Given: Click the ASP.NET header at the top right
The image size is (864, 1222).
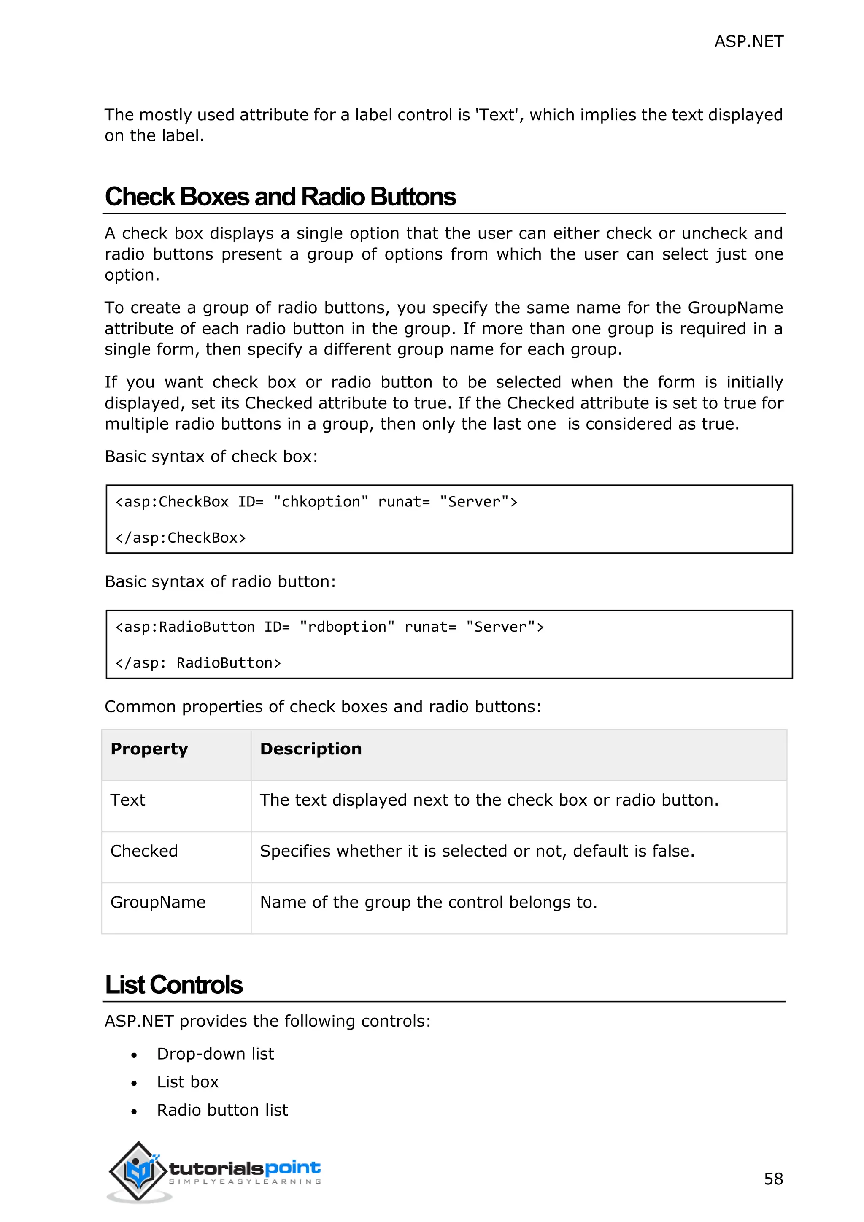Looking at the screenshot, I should [748, 41].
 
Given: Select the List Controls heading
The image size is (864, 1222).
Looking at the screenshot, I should [173, 984].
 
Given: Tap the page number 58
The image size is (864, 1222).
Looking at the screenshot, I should [773, 1179].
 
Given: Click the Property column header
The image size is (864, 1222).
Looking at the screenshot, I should [149, 749].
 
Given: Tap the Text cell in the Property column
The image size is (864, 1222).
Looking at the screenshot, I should [128, 800].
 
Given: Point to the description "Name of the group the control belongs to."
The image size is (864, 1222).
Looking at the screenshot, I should [428, 902].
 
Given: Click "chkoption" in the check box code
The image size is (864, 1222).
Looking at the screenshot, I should [321, 502].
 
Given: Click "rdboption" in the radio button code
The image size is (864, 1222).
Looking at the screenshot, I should [347, 627].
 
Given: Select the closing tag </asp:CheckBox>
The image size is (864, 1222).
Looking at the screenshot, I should [181, 538].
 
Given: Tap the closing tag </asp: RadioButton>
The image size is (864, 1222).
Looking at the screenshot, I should [198, 663].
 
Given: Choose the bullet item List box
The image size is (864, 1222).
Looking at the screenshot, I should [188, 1082].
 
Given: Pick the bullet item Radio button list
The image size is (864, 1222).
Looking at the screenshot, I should [222, 1110].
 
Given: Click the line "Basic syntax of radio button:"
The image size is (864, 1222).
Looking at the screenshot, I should [220, 582].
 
